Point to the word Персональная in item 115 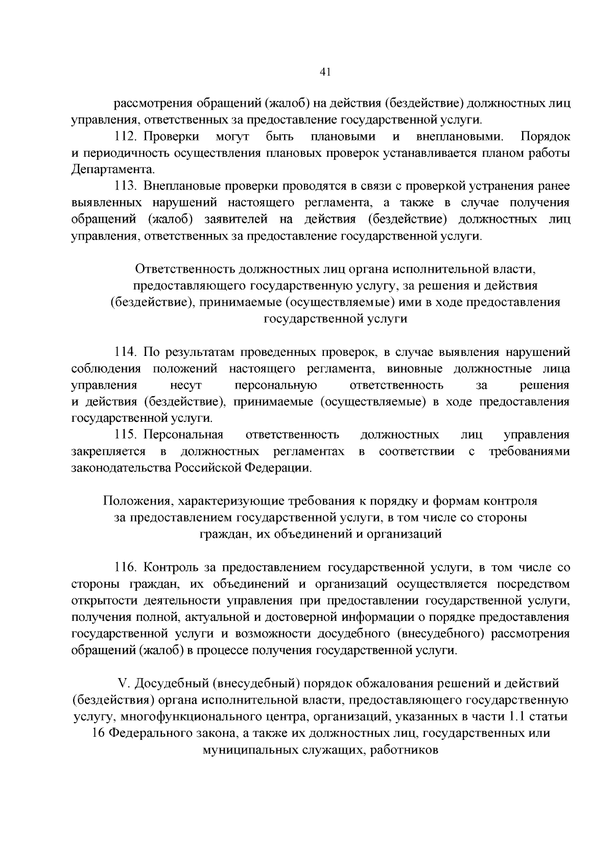(x=183, y=435)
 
